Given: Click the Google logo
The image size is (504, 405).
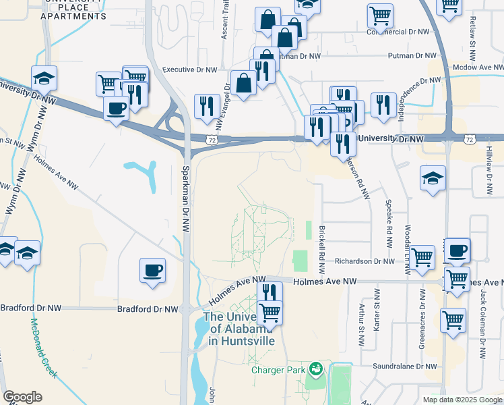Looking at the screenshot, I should point(23,397).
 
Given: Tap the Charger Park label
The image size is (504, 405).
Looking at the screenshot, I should point(278,369).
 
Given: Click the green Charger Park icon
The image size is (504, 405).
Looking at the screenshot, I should point(315,369).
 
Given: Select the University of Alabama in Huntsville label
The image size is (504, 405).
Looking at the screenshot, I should point(241,329).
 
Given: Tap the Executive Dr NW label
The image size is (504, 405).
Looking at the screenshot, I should point(189,69).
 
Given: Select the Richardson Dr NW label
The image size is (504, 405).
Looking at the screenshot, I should point(365,261).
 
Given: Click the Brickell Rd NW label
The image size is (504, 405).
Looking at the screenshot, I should point(322,249).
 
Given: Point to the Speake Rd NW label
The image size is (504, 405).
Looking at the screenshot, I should point(389,217).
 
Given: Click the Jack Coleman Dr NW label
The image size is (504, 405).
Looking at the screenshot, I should point(484,317).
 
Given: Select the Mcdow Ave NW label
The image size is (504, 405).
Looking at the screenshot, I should point(478,67).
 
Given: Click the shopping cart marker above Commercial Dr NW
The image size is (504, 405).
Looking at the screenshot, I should point(380,16).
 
